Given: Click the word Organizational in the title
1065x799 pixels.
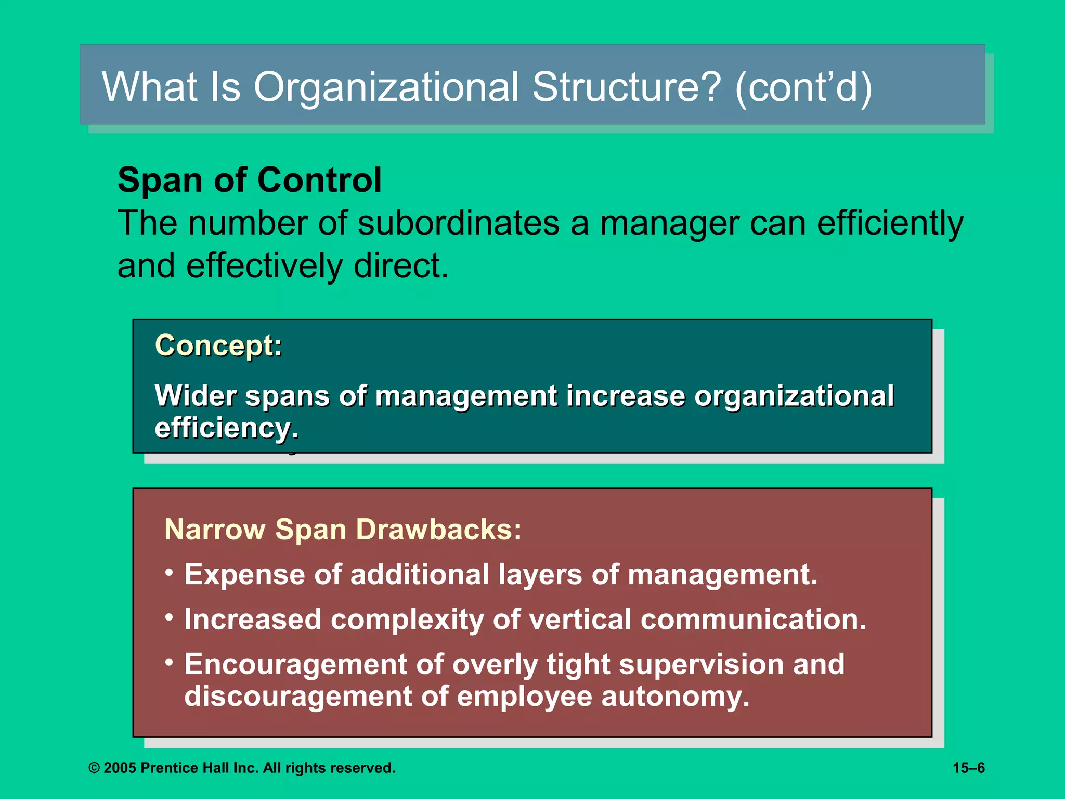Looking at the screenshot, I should tap(386, 87).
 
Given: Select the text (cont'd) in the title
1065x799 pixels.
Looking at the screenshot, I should tap(803, 87).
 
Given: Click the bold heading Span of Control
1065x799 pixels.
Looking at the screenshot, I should tap(250, 181).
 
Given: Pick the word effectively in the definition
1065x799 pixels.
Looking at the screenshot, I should tap(264, 266).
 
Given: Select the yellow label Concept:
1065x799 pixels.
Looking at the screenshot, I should tap(218, 345).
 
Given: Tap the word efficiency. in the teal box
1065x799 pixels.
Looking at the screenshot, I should tap(227, 428).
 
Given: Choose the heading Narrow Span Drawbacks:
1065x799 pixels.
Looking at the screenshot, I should tap(343, 530).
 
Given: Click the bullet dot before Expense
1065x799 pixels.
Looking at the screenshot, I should tap(169, 573).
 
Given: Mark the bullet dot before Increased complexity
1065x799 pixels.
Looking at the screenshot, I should tap(169, 617).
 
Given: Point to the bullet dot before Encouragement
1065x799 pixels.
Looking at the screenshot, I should tap(169, 662).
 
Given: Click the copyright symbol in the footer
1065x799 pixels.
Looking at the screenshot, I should tap(94, 768).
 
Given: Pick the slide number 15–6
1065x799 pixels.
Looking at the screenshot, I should tap(968, 768).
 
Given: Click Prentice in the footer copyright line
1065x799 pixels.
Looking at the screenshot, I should tap(167, 768).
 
